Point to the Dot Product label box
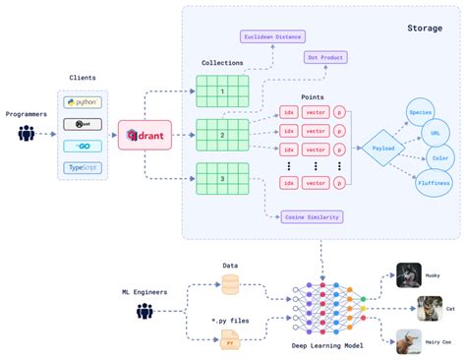tap(326, 58)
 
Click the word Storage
tap(426, 29)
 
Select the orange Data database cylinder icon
tap(229, 283)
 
